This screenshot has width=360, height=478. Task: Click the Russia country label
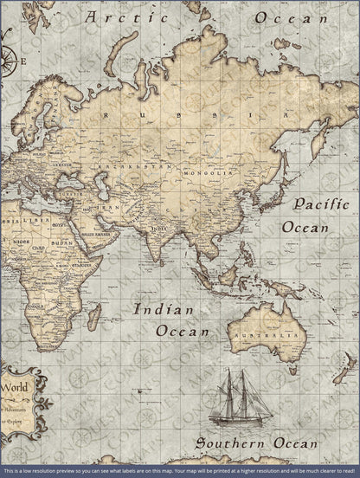tap(179, 115)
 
